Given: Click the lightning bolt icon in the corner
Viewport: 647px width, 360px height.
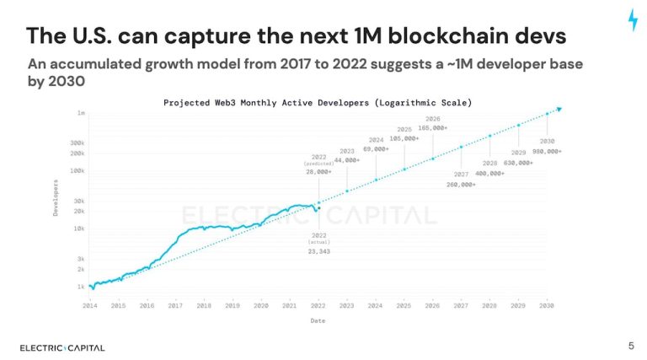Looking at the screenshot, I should point(632,20).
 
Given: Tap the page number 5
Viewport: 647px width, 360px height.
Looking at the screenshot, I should point(631,345).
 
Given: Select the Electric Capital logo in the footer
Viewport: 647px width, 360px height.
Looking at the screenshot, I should point(62,347).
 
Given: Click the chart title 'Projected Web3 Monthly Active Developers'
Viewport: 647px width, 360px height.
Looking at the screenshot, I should point(317,102).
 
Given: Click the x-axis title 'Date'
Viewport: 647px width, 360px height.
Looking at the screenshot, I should point(317,320).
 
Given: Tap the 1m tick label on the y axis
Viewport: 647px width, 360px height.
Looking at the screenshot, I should point(81,112).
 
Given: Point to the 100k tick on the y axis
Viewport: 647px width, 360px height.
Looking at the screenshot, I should point(78,170).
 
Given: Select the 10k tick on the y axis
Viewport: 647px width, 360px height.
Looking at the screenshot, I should point(78,228).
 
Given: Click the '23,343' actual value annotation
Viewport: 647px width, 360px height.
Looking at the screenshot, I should point(318,250).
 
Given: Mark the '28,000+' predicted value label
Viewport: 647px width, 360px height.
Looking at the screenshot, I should point(318,171).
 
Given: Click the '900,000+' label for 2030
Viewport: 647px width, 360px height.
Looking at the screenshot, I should point(548,150).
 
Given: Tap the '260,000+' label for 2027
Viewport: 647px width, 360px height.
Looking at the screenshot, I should point(461,185).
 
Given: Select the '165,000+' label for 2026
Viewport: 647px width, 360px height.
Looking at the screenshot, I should point(432,128).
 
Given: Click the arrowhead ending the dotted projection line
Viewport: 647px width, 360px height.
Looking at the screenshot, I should point(559,109).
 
